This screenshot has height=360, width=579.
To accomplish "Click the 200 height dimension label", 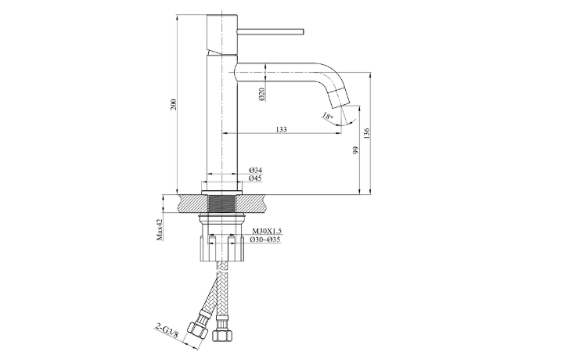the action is pyautogui.click(x=174, y=104).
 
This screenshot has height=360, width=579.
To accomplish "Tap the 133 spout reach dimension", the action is pyautogui.click(x=281, y=129).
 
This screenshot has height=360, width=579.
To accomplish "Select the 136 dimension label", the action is pyautogui.click(x=366, y=133).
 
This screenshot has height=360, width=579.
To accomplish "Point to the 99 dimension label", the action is pyautogui.click(x=355, y=150).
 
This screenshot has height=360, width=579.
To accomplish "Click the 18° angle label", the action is pyautogui.click(x=327, y=117).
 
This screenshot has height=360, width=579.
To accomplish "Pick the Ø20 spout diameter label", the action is pyautogui.click(x=262, y=94).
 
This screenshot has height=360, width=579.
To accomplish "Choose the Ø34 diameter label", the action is pyautogui.click(x=256, y=170).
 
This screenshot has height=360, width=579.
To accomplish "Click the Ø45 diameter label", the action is pyautogui.click(x=256, y=178).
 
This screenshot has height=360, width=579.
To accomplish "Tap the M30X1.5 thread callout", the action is pyautogui.click(x=267, y=231).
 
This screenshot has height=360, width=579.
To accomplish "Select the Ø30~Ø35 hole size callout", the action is pyautogui.click(x=265, y=239).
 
